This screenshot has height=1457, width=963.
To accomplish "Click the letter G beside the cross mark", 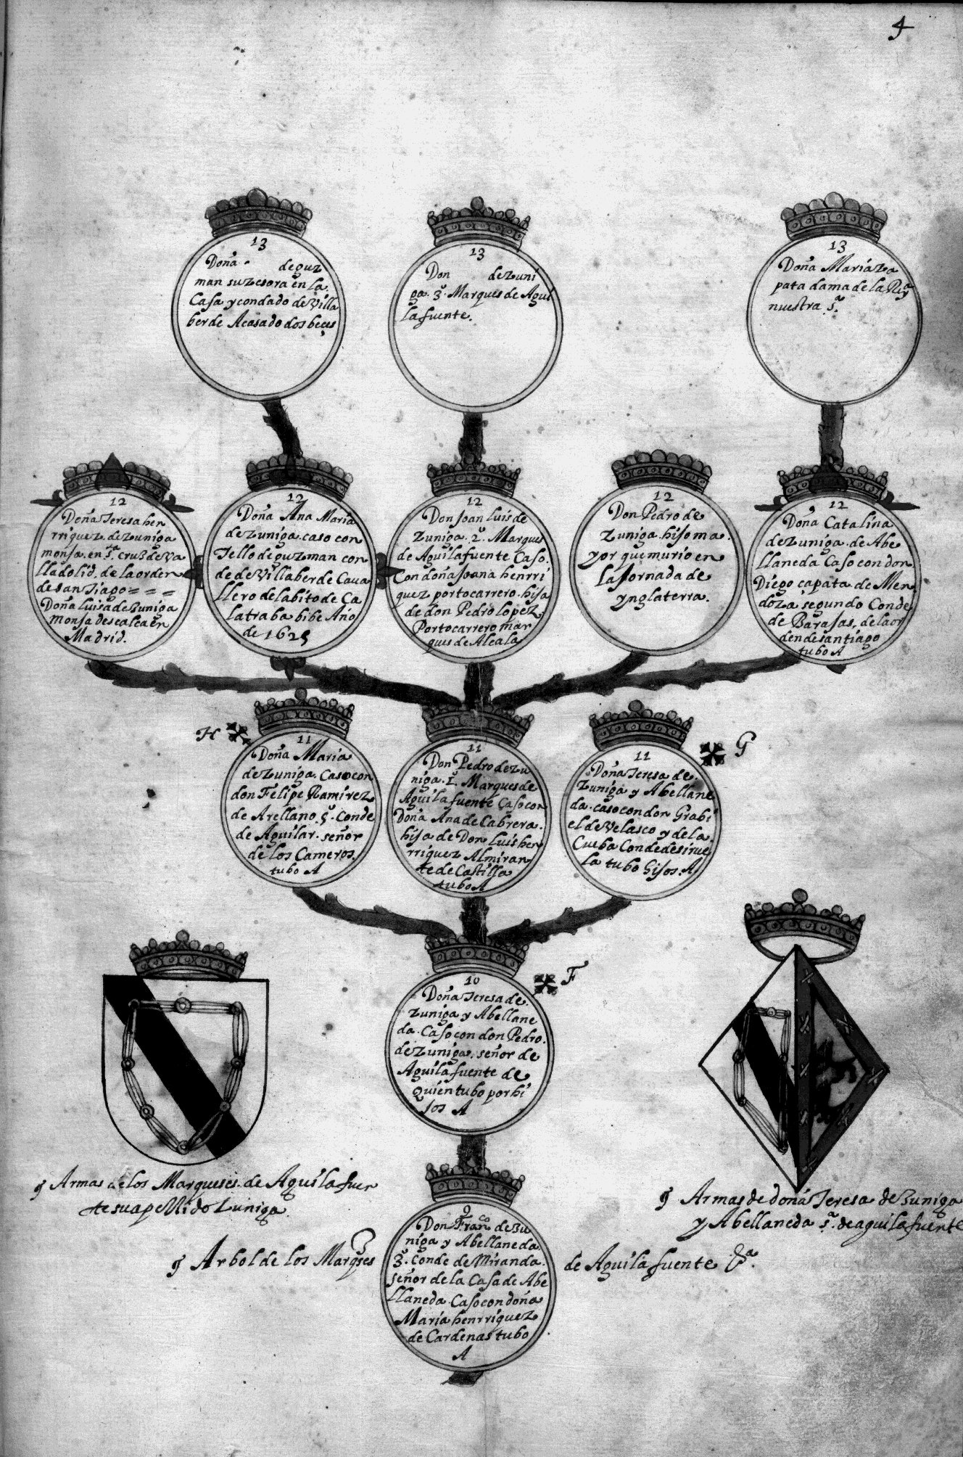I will pos(741,750).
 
